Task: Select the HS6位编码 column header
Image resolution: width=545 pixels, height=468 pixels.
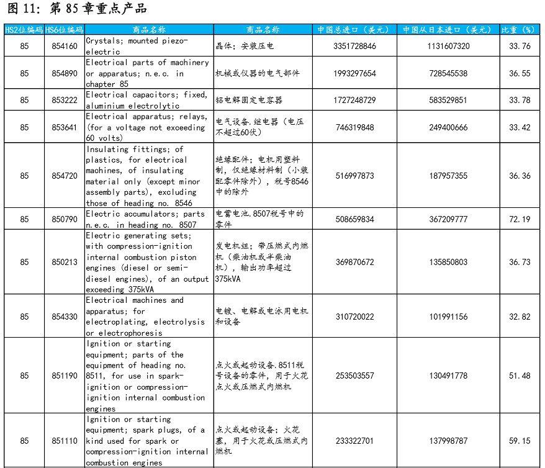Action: tap(65, 30)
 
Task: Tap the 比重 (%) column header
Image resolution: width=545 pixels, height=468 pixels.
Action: tap(519, 30)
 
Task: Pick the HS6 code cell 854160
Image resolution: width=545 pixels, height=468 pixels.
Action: tap(65, 46)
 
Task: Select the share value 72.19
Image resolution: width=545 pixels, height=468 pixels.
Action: tap(520, 219)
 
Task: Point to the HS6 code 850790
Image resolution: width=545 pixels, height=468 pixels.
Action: tap(65, 219)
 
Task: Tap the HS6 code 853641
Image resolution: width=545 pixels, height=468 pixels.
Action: tap(65, 127)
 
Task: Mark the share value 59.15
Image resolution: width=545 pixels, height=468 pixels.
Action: tap(520, 441)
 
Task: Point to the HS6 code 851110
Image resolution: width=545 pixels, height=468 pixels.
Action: tap(65, 441)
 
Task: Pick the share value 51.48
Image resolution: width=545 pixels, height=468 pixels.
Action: tap(520, 376)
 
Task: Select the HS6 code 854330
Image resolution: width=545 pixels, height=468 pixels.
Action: tap(65, 317)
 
